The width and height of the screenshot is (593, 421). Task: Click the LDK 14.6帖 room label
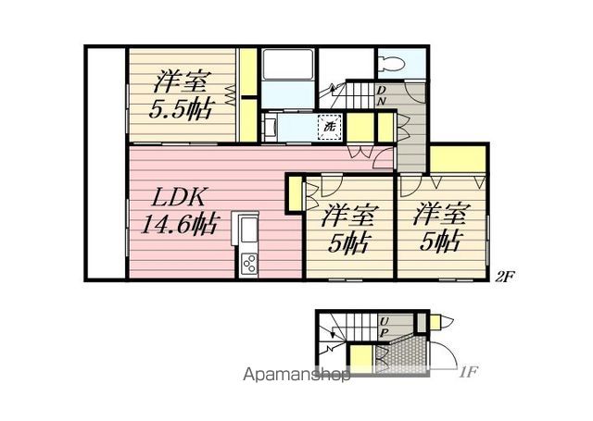[x=179, y=212]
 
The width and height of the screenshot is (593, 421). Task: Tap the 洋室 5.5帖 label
[x=181, y=94]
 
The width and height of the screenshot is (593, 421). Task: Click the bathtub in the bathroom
[x=287, y=64]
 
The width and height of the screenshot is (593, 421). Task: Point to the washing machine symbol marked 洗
[x=330, y=126]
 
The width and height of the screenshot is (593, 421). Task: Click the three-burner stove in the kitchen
[x=249, y=264]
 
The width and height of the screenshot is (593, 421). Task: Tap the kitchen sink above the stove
[x=248, y=229]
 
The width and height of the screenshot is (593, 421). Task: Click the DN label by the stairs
[x=381, y=95]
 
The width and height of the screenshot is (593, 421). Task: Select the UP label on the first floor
[x=384, y=327]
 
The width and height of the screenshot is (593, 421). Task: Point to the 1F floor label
[x=467, y=373]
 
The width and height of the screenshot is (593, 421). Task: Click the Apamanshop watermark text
[x=296, y=374]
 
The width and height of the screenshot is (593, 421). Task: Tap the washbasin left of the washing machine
[x=270, y=127]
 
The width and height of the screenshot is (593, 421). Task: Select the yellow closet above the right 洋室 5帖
[x=458, y=159]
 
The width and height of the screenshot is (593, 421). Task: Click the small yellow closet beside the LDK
[x=295, y=194]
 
